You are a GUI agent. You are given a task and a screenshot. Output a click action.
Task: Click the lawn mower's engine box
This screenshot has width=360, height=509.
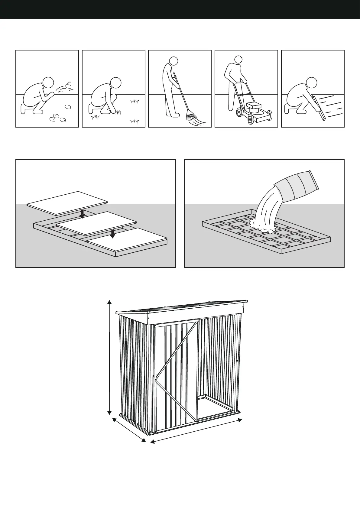coord(253,106)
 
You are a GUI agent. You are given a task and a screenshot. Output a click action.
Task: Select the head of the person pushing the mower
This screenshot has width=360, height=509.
coord(238,60)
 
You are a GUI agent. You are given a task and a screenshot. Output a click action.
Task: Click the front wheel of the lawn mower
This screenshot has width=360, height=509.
coord(250,119)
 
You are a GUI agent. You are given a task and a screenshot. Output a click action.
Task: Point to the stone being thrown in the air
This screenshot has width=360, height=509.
coord(69,86)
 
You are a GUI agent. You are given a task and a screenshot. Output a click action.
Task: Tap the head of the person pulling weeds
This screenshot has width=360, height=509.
coord(115,82)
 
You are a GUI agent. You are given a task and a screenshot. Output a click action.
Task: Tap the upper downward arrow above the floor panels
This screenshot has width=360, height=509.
coord(82,214)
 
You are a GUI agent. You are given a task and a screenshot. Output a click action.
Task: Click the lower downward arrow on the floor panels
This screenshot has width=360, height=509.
coord(112,233)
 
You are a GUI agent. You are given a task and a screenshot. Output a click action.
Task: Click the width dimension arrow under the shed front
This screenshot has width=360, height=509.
coord(196,431)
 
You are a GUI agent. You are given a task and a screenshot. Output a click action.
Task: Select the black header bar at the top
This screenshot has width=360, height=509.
coord(180,9)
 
